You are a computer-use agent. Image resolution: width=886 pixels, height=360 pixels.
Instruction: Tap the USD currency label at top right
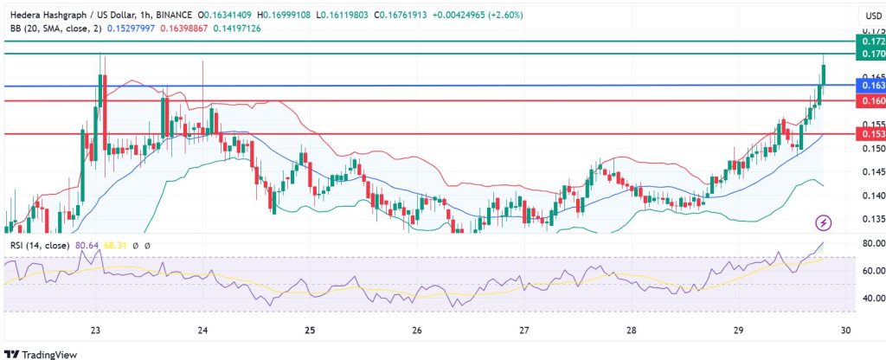[870, 16]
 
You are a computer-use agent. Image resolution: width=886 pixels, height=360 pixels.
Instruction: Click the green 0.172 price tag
[869, 42]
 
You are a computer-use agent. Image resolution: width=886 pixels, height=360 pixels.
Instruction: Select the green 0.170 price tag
[869, 54]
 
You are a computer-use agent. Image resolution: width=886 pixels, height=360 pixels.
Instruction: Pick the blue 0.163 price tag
[869, 86]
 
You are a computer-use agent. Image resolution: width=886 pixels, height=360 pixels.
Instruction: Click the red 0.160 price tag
[869, 101]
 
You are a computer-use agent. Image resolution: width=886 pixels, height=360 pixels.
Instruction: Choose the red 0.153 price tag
[869, 134]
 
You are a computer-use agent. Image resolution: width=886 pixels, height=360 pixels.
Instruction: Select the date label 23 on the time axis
[96, 330]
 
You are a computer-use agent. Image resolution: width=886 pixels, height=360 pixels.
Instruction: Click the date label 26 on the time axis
[417, 330]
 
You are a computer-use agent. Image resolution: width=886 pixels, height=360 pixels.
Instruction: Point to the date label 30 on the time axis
[846, 330]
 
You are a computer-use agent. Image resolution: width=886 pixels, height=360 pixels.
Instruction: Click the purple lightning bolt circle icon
[824, 222]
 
